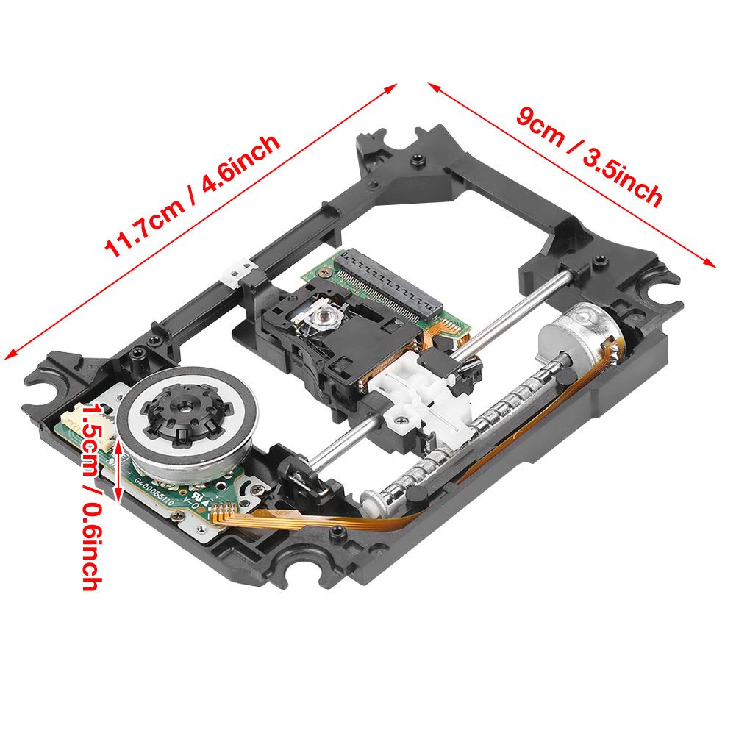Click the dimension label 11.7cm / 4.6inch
pos(193,196)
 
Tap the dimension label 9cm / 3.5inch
pos(588,157)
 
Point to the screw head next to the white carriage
pos(403,421)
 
